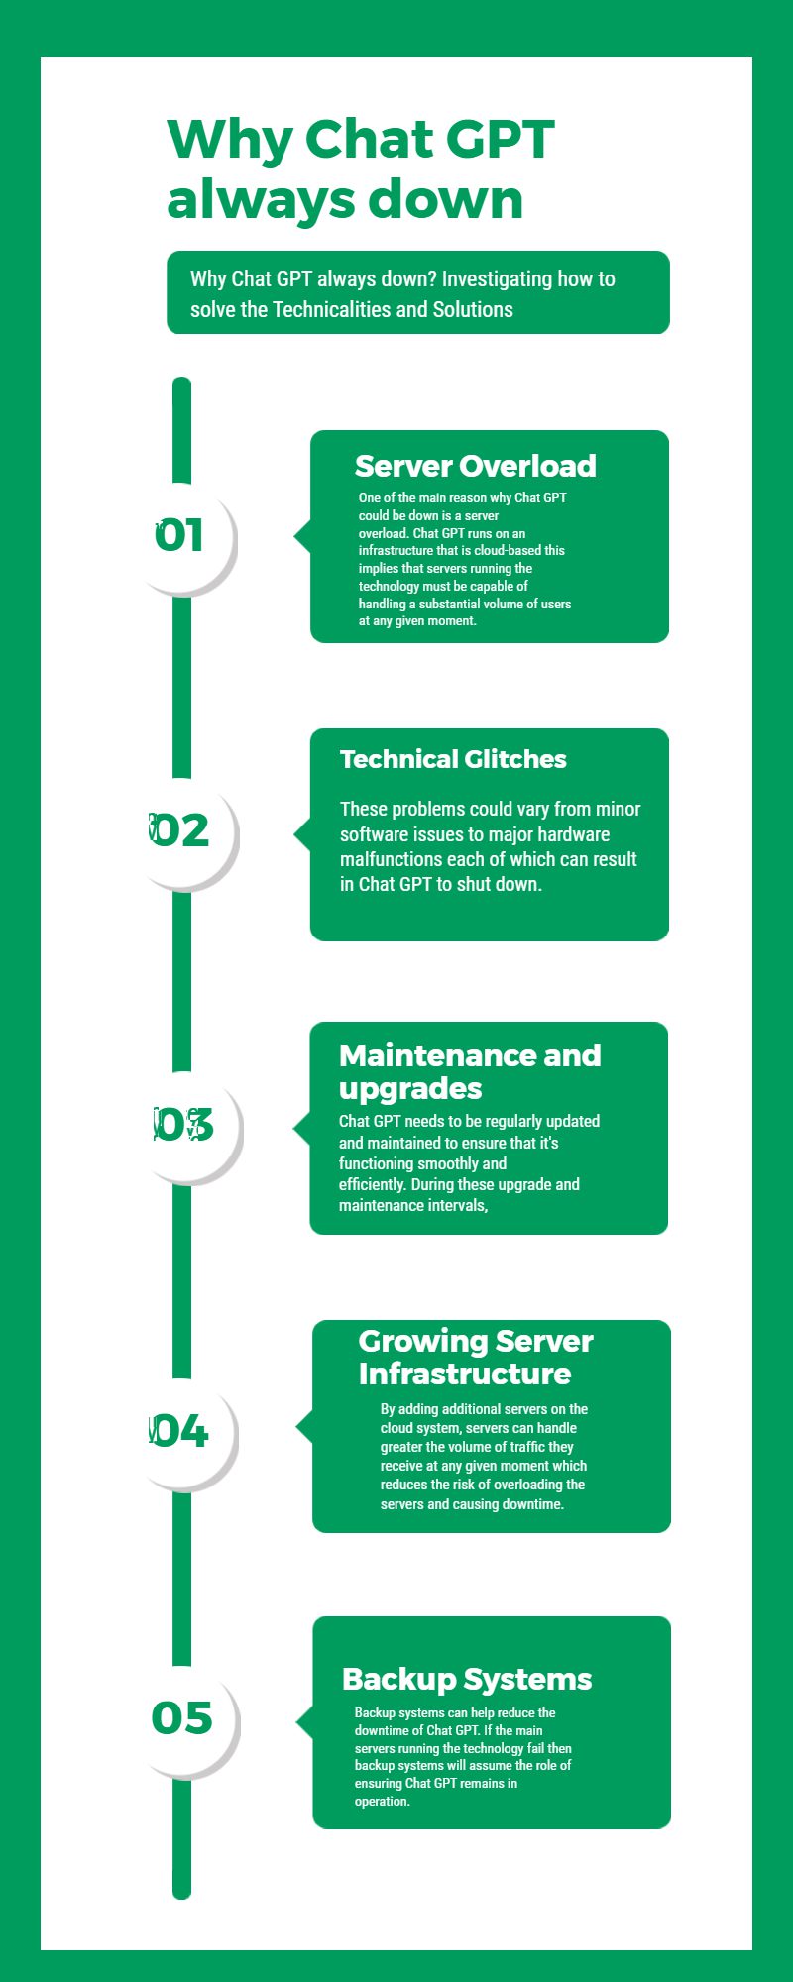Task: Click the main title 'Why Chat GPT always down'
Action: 361,168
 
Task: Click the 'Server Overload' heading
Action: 476,466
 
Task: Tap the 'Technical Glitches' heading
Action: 453,759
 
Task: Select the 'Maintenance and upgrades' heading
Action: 470,1071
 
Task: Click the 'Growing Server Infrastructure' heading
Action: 476,1357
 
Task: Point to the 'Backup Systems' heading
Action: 467,1679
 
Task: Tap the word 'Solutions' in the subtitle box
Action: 473,309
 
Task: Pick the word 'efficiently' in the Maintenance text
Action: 373,1185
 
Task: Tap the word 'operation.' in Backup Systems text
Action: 383,1801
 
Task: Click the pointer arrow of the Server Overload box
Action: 302,536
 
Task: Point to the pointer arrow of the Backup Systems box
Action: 304,1722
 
